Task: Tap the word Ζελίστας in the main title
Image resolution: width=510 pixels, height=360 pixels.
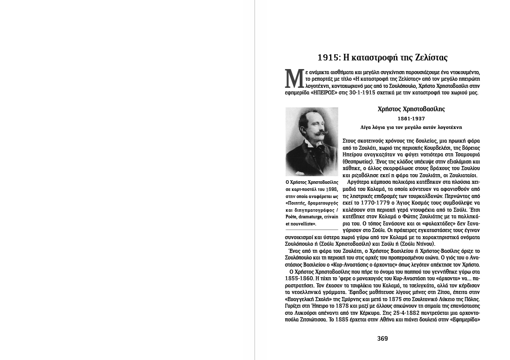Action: pyautogui.click(x=428, y=57)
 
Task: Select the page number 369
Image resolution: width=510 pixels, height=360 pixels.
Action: pyautogui.click(x=382, y=339)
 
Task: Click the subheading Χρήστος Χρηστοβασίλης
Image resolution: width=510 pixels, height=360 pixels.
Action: pyautogui.click(x=411, y=109)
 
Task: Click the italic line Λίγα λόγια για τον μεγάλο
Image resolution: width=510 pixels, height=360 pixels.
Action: pyautogui.click(x=411, y=127)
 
